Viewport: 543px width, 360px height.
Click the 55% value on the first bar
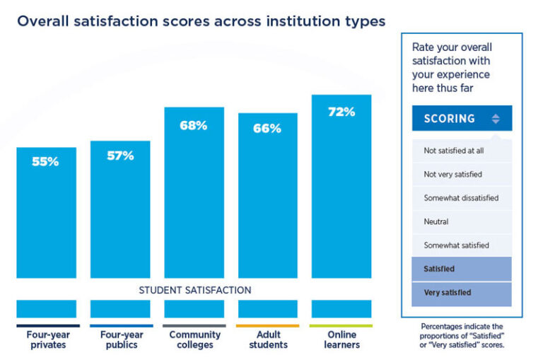coord(45,161)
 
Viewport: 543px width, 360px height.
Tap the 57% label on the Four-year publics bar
coord(120,156)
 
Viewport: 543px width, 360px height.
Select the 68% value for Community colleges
coord(194,125)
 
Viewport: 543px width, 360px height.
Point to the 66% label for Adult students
coord(267,128)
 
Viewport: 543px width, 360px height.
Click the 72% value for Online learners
coord(341,112)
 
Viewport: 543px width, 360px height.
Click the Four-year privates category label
coord(48,339)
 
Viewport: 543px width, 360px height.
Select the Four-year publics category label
coord(121,339)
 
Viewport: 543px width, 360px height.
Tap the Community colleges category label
coord(194,339)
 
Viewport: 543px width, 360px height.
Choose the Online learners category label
coord(342,339)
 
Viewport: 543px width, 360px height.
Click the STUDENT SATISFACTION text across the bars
coord(194,290)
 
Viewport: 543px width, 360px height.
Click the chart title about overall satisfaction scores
coord(201,21)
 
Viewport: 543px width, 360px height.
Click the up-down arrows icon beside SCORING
coord(496,119)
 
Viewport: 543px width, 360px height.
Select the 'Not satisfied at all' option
coord(453,150)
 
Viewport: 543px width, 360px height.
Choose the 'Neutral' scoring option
coord(436,221)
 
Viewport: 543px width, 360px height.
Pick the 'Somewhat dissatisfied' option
coord(461,198)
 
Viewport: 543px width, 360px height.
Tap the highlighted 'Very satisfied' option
coord(448,293)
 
